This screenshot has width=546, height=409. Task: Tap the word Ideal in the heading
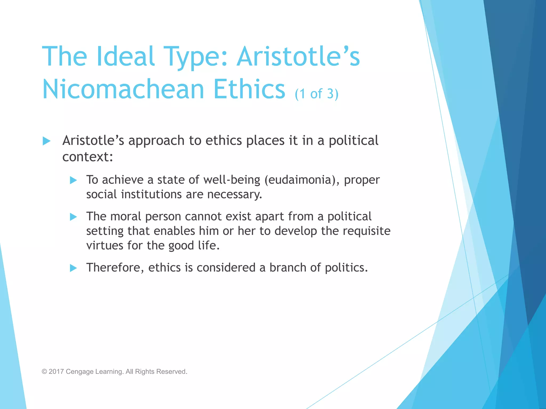tap(125, 56)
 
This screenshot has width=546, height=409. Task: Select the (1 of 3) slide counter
tap(316, 94)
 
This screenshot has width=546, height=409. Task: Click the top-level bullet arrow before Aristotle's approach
tap(47, 141)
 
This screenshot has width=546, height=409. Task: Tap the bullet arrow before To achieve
tap(73, 180)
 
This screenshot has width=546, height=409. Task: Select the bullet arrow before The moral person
tap(73, 217)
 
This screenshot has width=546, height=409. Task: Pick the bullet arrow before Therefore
tap(73, 268)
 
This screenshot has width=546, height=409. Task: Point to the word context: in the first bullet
tap(88, 157)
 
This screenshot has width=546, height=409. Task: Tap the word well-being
tap(232, 180)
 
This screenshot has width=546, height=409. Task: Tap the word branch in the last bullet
tap(288, 268)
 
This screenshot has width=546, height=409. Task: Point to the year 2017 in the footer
tap(56, 371)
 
